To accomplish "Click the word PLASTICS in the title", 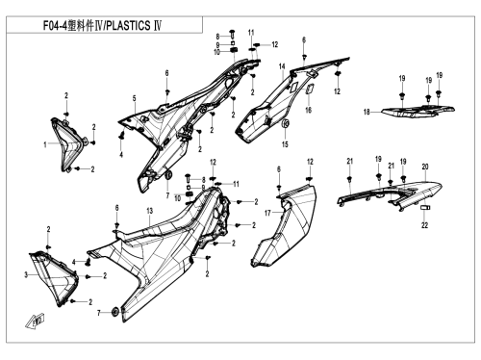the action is pos(128,25).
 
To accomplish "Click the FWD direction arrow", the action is pos(35,321).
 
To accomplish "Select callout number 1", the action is pos(45,144).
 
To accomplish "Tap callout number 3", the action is pos(26,275).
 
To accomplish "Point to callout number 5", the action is pos(135,98).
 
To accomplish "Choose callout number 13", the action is pos(150,211).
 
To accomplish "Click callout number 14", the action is pos(282,66).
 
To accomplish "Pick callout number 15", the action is pos(285,144).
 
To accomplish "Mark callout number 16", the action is pos(308,110).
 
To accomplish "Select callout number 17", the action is pos(267,213).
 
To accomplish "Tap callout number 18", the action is pos(367,112).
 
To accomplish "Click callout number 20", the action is pos(425,167).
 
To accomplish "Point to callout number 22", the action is pos(424,225).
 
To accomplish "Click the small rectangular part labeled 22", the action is pos(425,208).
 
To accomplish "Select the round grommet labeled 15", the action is pos(286,123).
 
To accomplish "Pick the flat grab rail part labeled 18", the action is pos(418,111).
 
